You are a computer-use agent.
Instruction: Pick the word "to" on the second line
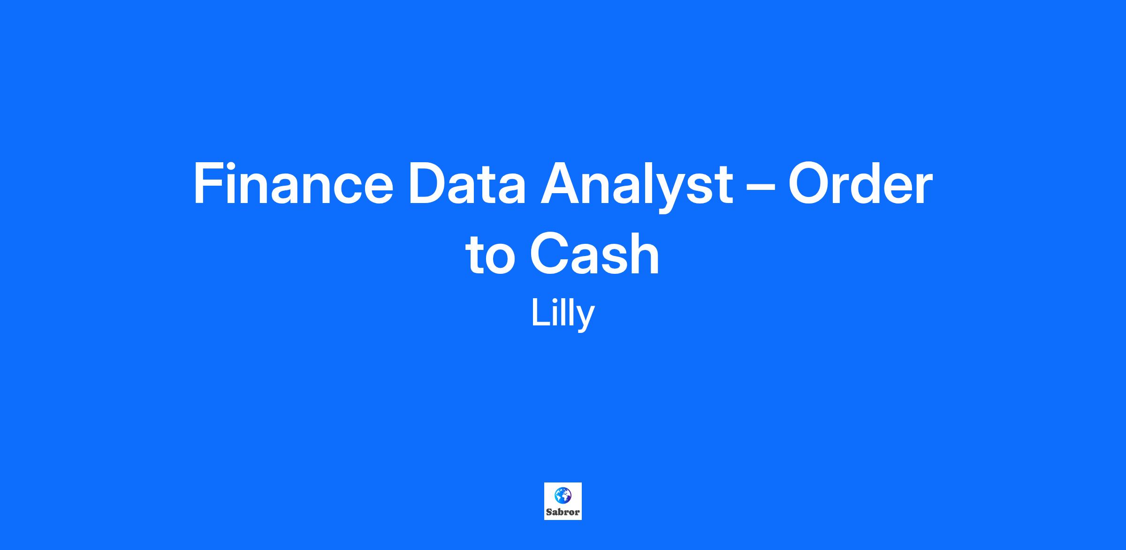(490, 255)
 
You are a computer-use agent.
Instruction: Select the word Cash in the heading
(594, 254)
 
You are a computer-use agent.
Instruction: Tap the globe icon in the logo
(563, 495)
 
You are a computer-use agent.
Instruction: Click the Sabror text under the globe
(563, 512)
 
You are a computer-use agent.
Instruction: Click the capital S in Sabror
(549, 512)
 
